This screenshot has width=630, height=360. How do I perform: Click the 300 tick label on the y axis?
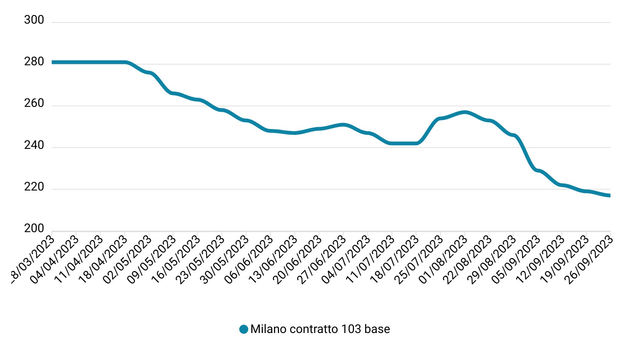coord(34,20)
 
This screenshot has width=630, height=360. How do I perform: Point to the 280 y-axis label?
coord(34,61)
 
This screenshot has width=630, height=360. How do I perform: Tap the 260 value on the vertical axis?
coord(34,103)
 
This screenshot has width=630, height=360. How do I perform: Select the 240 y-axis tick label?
coord(34,145)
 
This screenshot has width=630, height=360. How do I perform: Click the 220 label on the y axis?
coord(34,187)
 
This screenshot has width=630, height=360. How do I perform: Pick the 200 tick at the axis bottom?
coord(34,228)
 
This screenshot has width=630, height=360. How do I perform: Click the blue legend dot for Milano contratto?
coord(244,329)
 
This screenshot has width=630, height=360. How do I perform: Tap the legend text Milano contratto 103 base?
coord(320,329)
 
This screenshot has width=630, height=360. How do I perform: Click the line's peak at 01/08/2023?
coord(465,112)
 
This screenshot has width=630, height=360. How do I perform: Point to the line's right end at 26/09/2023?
coord(609,195)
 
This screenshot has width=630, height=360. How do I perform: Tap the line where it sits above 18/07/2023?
coord(416,143)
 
